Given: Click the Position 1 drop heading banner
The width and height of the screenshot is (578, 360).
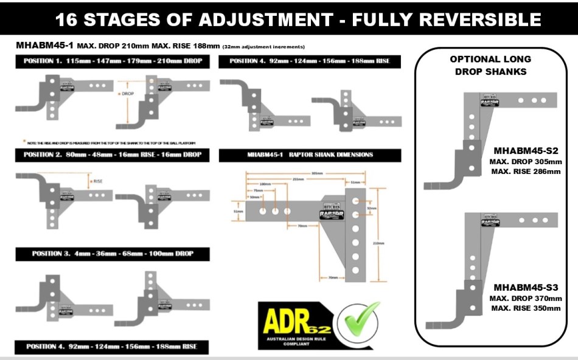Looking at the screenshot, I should (x=113, y=61).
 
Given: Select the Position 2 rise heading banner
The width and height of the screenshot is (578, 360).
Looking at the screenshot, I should (x=113, y=154).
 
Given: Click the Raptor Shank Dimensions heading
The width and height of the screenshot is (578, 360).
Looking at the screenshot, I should (x=310, y=154).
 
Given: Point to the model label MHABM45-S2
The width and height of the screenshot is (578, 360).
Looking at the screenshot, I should (x=526, y=151).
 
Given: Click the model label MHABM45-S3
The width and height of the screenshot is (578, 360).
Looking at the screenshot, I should (x=526, y=288).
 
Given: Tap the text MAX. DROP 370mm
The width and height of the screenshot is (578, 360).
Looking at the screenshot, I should (x=526, y=299).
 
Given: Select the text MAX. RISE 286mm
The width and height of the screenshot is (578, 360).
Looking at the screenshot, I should (x=526, y=171).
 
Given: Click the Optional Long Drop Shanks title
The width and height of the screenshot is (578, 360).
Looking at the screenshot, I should (x=490, y=65).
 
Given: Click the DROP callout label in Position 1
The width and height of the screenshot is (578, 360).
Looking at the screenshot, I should (x=126, y=94).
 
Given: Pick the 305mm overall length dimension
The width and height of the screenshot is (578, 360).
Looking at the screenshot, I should (x=318, y=173).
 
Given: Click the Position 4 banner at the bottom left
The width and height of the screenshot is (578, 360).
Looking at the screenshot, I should (x=111, y=347).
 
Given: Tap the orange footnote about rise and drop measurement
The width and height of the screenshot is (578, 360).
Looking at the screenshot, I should (x=110, y=143).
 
